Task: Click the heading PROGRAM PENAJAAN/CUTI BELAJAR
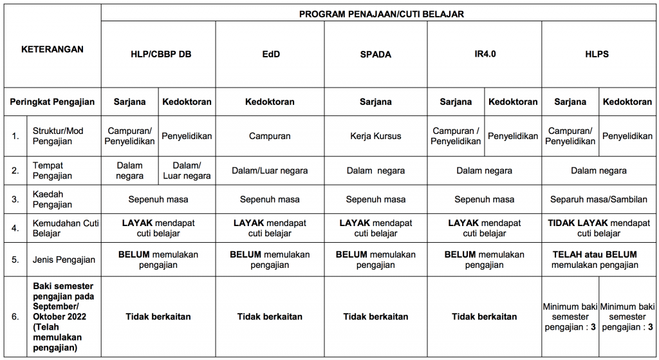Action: click(381, 14)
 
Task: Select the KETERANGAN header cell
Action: click(52, 50)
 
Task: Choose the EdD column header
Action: click(270, 55)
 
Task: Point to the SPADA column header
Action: click(375, 55)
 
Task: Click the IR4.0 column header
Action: click(484, 55)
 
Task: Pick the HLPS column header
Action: click(599, 55)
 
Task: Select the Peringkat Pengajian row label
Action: click(52, 102)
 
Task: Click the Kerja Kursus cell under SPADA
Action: click(375, 137)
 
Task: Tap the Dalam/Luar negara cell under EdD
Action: click(270, 171)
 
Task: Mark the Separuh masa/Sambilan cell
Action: click(599, 200)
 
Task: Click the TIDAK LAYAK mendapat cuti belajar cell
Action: click(599, 228)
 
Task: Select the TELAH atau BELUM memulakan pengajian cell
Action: click(599, 260)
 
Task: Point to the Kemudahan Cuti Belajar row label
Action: click(63, 228)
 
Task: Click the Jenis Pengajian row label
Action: click(63, 260)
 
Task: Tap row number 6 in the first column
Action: click(14, 317)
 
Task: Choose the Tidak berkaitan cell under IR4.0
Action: click(484, 317)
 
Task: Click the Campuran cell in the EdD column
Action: click(270, 137)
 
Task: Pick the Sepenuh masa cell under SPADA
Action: click(375, 200)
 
